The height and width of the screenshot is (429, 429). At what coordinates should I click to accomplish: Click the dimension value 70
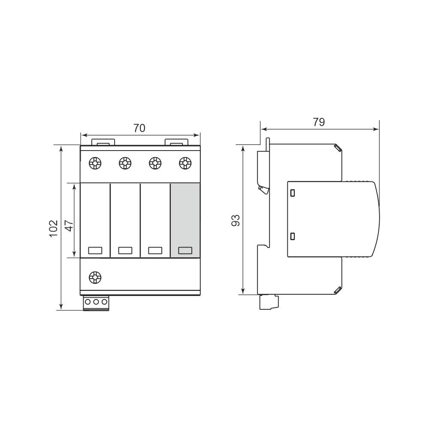click(139, 128)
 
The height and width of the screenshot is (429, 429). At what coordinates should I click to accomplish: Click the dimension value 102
click(54, 229)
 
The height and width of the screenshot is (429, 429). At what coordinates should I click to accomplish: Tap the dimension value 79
click(319, 122)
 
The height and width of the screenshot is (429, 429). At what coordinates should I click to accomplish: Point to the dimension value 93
click(236, 220)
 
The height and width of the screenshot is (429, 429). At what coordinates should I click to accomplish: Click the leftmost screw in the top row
click(95, 163)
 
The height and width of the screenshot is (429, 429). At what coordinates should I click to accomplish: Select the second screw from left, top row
click(125, 163)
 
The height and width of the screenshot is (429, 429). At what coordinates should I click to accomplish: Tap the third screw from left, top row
click(155, 163)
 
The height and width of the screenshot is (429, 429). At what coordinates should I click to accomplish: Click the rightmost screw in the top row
click(185, 163)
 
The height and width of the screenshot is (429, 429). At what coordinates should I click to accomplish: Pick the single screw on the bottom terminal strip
click(95, 278)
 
